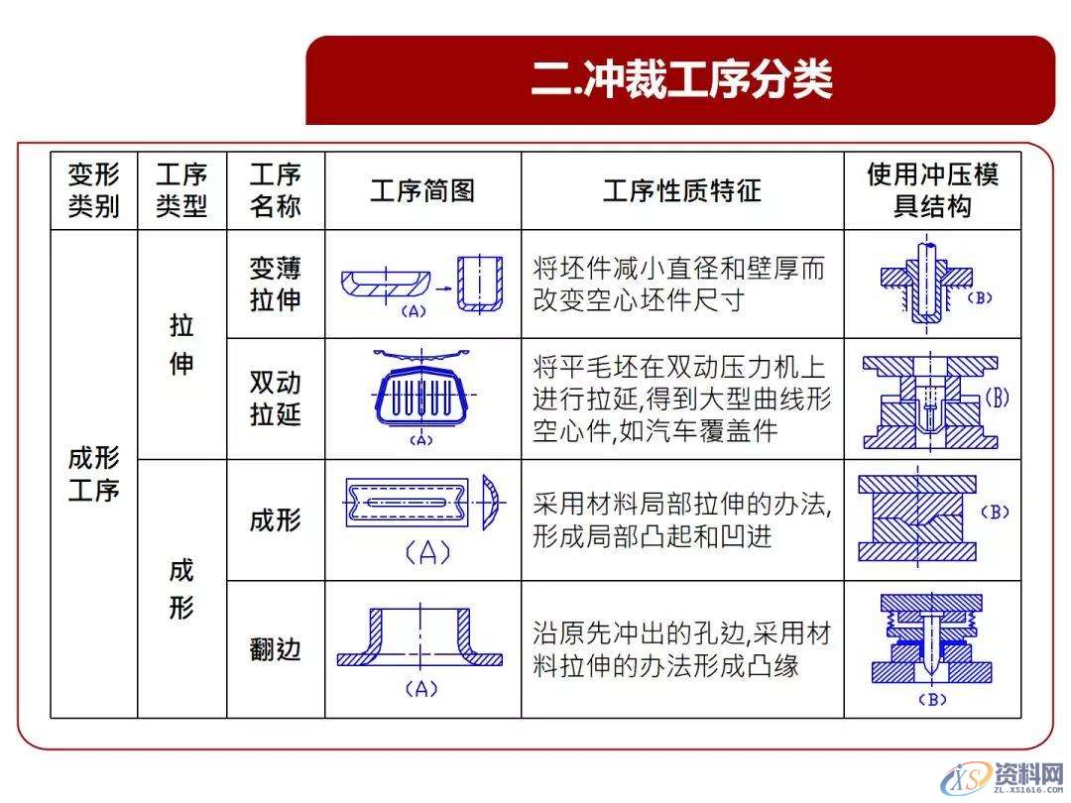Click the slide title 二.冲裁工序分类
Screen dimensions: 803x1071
[x=680, y=80]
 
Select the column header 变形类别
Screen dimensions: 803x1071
[x=94, y=190]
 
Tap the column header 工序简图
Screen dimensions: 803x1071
[x=422, y=190]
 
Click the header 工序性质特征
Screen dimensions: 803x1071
[x=682, y=190]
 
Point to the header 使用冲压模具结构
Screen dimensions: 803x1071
[x=932, y=190]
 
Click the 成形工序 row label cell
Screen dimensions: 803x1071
[x=94, y=474]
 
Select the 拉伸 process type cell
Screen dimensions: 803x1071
[x=181, y=345]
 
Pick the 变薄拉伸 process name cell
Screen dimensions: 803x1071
[x=275, y=284]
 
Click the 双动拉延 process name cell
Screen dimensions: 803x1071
[x=275, y=399]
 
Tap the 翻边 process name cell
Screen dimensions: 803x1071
[x=275, y=649]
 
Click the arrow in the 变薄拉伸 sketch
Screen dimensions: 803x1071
[x=443, y=284]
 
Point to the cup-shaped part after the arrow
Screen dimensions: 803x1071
[x=480, y=284]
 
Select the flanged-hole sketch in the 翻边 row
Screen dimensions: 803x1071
[x=420, y=638]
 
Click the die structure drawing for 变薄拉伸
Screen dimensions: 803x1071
[x=925, y=284]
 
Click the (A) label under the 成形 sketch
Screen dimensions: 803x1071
[x=427, y=553]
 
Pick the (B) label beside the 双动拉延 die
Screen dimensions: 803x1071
[x=996, y=399]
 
